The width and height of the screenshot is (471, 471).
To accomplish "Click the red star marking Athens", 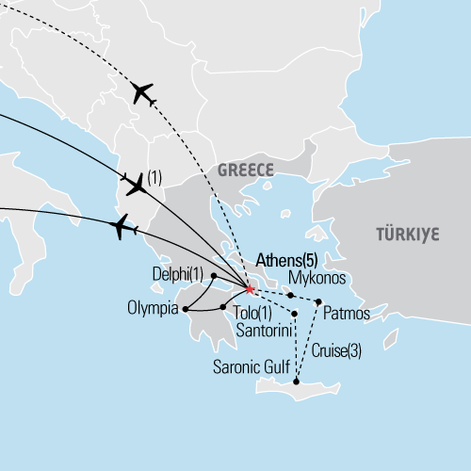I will [x=249, y=289].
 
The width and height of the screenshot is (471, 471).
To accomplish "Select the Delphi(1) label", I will [x=177, y=274].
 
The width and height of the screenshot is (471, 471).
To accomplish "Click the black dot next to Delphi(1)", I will [x=214, y=275].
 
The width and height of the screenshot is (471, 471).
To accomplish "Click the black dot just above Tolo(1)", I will [x=222, y=307].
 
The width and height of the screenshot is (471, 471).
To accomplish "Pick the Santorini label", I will [x=262, y=330].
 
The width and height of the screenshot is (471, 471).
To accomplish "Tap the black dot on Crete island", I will [x=298, y=382].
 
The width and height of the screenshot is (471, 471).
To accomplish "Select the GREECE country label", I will [x=245, y=171].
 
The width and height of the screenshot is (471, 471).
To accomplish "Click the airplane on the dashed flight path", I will [x=143, y=92].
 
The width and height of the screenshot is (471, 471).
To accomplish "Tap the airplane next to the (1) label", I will [x=136, y=184].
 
